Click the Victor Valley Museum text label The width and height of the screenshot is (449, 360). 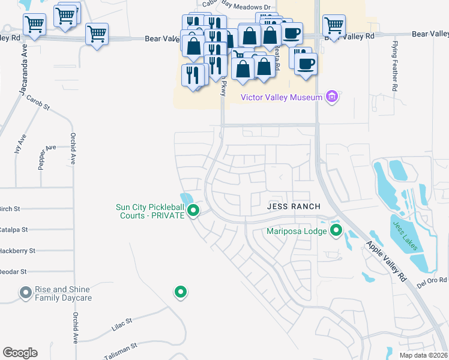pos(278,97)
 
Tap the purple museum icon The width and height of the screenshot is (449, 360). pos(331,97)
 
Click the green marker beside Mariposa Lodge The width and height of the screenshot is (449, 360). pos(336,230)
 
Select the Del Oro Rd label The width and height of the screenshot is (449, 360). pos(434,280)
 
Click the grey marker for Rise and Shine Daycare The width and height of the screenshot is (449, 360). pos(25,292)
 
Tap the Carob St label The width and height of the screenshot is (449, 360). pos(37,103)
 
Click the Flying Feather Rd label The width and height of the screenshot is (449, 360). pos(395,67)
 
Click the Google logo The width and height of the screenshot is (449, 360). pos(20,353)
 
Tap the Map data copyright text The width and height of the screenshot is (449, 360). pos(423,355)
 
